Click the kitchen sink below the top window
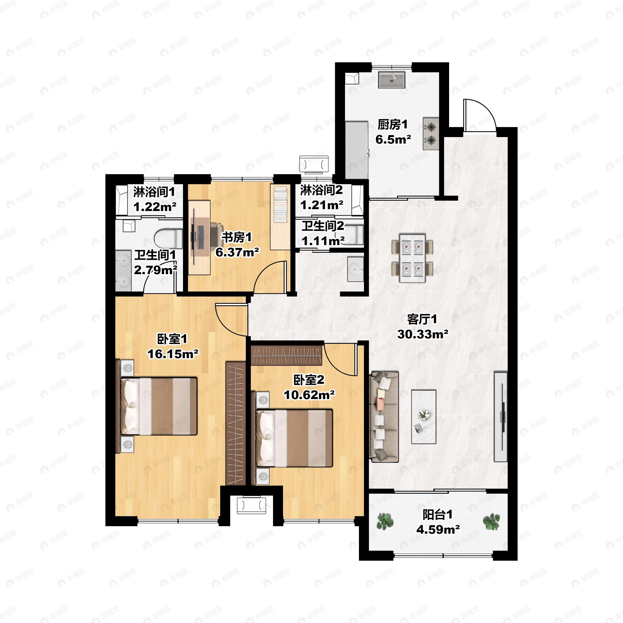391,80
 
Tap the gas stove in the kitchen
431,133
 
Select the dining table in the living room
412,258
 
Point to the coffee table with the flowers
424,417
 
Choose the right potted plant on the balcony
491,522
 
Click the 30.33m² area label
422,334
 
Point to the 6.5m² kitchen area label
393,139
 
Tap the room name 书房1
236,237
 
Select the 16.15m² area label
173,354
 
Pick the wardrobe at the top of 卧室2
286,355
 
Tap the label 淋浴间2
322,190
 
